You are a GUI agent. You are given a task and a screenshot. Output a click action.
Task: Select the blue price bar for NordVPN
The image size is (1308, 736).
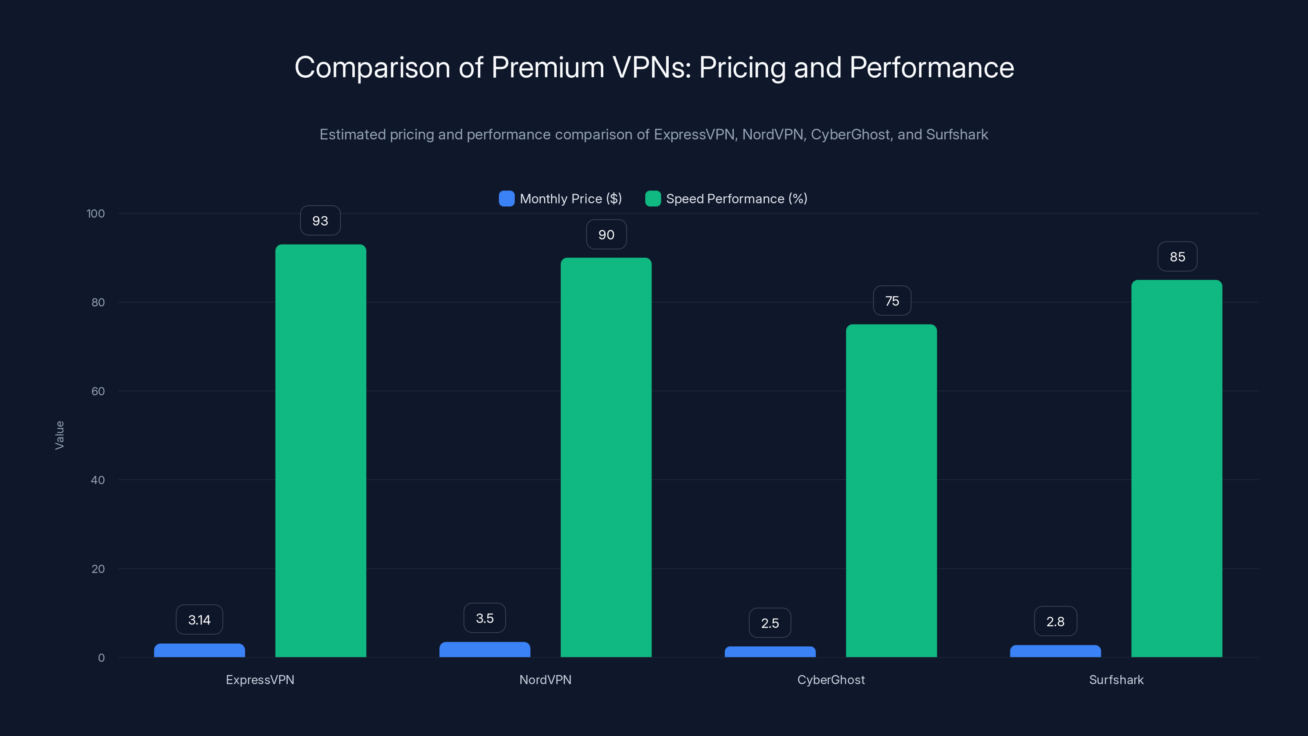click(484, 650)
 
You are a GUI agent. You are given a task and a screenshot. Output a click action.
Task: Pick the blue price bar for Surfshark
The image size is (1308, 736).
click(1055, 651)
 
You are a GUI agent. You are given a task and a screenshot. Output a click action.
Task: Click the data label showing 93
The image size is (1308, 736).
click(320, 221)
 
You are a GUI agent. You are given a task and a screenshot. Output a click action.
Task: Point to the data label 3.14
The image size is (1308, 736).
click(199, 620)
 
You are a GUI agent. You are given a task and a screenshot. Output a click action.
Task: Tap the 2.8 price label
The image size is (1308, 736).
click(1055, 621)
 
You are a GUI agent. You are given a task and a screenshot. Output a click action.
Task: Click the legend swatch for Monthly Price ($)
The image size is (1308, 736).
click(506, 199)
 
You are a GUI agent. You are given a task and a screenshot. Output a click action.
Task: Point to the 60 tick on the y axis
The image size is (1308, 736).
click(98, 391)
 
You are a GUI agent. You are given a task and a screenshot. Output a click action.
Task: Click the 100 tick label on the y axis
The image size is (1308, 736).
click(96, 213)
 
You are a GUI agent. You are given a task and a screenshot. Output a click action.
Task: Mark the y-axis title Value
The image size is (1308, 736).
click(59, 435)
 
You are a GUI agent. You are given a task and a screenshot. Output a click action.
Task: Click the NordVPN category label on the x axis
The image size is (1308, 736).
click(545, 680)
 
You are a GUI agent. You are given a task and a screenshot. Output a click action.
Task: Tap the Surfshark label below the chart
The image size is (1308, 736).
click(1116, 680)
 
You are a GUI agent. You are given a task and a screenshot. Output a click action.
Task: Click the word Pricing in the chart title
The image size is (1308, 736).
click(742, 67)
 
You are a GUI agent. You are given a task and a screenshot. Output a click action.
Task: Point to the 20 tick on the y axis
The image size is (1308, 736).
click(98, 569)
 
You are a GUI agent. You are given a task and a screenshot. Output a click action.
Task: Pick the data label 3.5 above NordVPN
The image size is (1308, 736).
click(484, 618)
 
